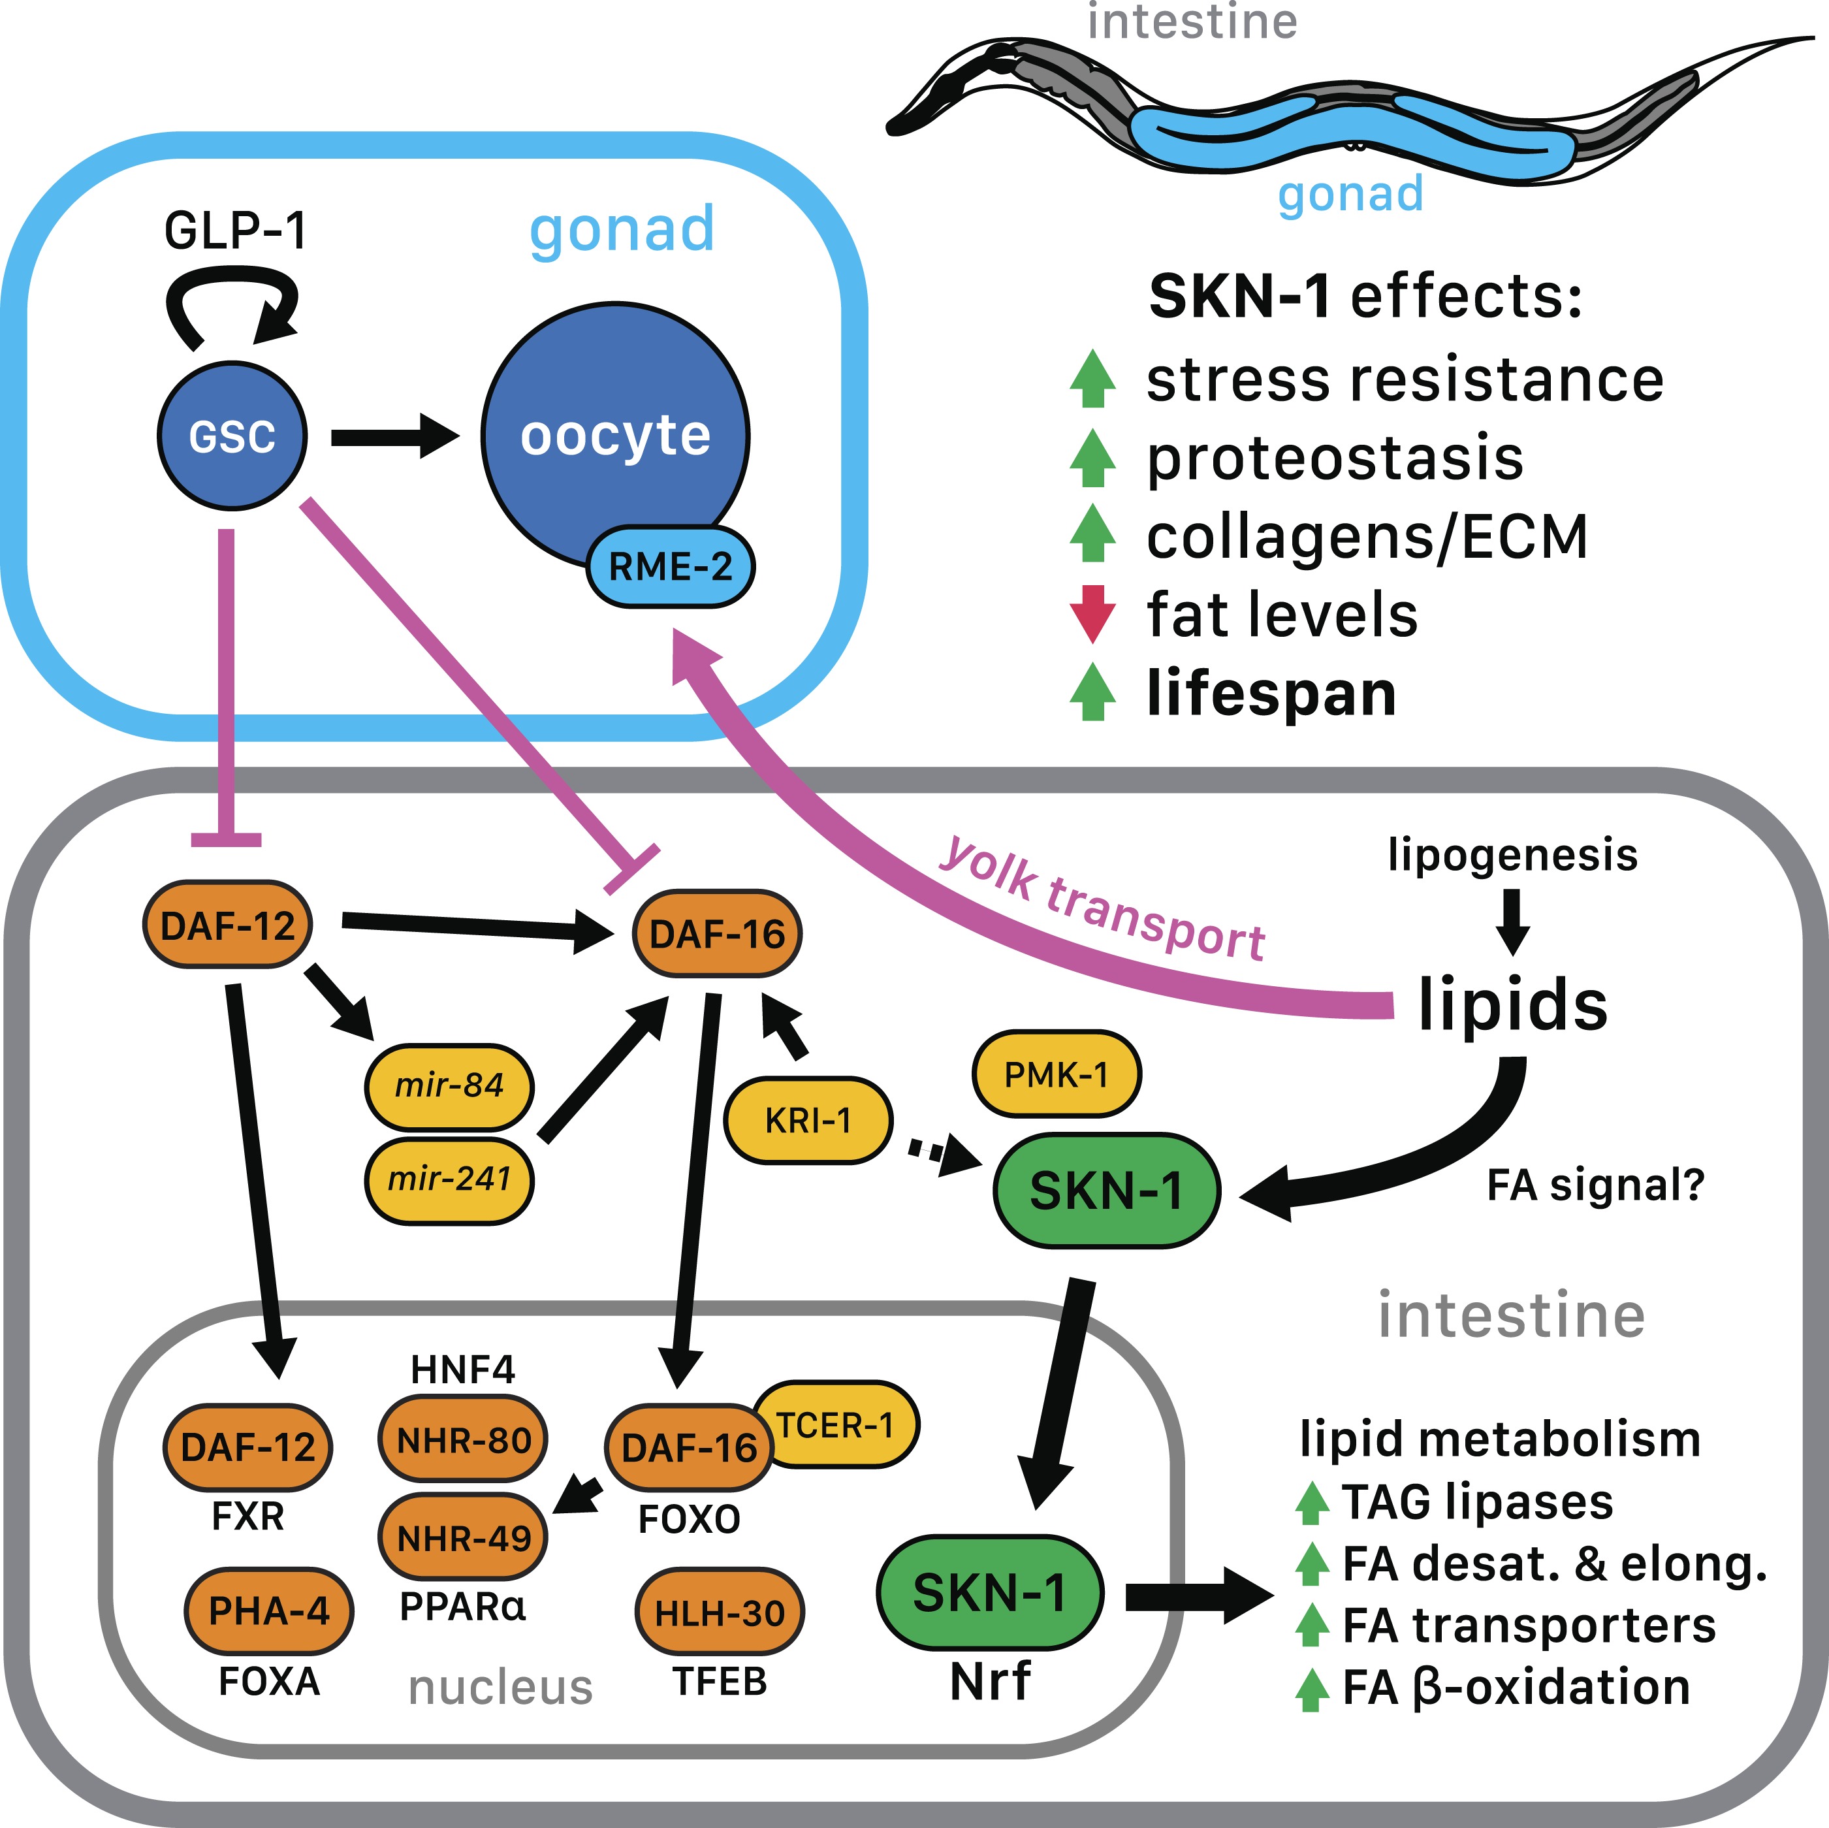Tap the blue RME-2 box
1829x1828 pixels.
tap(670, 566)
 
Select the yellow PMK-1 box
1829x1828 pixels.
tap(1057, 1074)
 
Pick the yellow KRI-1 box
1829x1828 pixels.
tap(808, 1120)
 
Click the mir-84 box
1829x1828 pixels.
tap(449, 1085)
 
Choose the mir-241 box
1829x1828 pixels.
tap(449, 1179)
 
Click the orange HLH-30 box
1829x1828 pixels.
tap(720, 1612)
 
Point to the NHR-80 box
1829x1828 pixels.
tap(463, 1441)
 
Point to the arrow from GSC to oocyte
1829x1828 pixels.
tap(394, 438)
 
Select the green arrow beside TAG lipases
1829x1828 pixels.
tap(1311, 1502)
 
